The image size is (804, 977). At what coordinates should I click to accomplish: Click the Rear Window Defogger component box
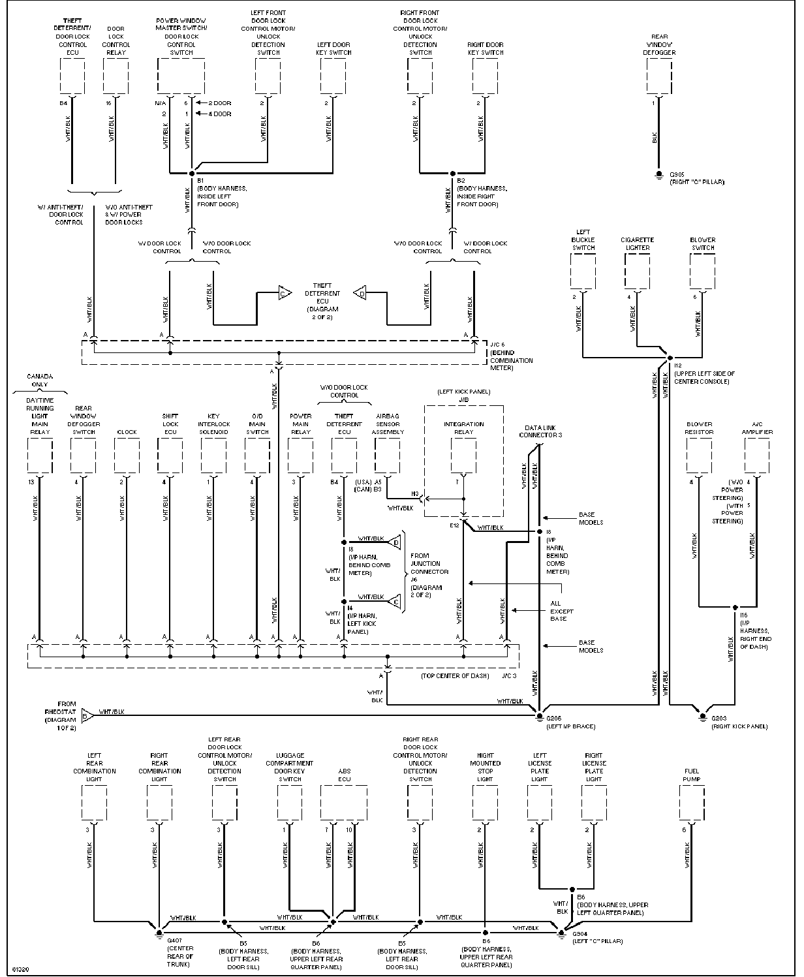point(658,76)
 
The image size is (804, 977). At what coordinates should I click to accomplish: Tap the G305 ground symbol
point(658,176)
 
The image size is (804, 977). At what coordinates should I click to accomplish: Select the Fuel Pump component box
point(691,803)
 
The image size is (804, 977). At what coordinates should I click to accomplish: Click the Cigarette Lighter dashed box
point(636,271)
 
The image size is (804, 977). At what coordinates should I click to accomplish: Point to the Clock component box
point(127,455)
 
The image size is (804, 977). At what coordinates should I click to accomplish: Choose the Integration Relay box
point(463,455)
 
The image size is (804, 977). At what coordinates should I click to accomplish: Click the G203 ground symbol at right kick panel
point(702,716)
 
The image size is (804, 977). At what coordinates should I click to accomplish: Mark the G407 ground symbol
point(159,931)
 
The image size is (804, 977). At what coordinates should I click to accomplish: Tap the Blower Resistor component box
point(699,455)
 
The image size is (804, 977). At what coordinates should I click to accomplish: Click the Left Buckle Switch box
point(583,271)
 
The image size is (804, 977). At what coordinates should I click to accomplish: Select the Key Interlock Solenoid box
point(213,455)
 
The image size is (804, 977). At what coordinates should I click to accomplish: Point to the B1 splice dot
point(192,173)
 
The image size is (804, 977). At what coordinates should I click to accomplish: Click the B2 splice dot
point(452,173)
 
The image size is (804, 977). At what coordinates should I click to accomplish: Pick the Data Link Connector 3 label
point(540,431)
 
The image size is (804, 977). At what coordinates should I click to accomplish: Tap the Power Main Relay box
point(300,455)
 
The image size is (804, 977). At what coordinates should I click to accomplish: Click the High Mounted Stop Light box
point(485,803)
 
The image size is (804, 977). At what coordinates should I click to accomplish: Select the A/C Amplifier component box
point(757,455)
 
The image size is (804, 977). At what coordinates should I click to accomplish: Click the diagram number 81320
point(20,967)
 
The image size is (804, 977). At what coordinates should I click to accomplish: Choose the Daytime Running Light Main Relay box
point(40,455)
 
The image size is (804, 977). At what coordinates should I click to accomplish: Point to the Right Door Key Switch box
point(485,76)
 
